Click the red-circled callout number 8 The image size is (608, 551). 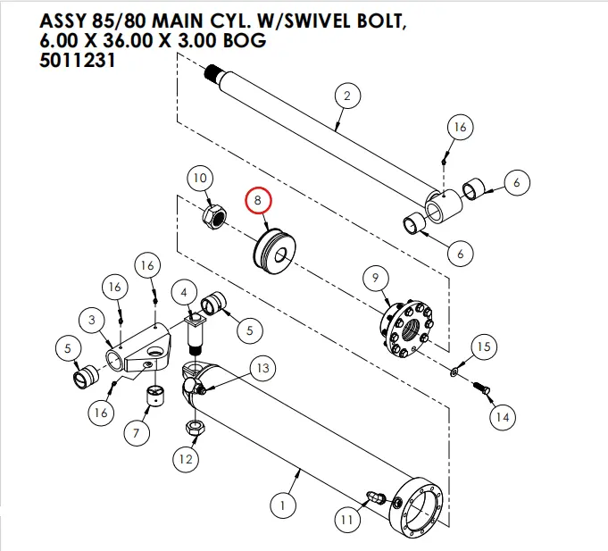[258, 201]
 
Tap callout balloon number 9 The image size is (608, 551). [375, 280]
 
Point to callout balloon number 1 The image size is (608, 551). [282, 506]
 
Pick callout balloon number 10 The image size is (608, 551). [200, 178]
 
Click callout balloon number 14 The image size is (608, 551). [502, 417]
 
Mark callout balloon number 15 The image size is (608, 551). [482, 346]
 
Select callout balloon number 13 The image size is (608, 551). [262, 368]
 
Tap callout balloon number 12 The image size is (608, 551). [185, 460]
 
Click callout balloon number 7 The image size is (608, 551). [136, 434]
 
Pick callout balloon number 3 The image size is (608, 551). [91, 319]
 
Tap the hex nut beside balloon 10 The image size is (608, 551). [215, 216]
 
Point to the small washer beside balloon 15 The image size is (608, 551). [455, 368]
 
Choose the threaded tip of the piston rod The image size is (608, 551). [212, 72]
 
